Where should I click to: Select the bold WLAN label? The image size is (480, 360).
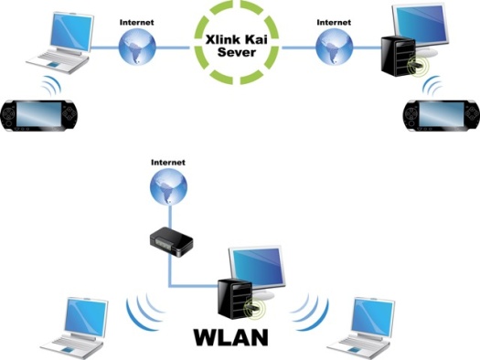pos(231,336)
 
